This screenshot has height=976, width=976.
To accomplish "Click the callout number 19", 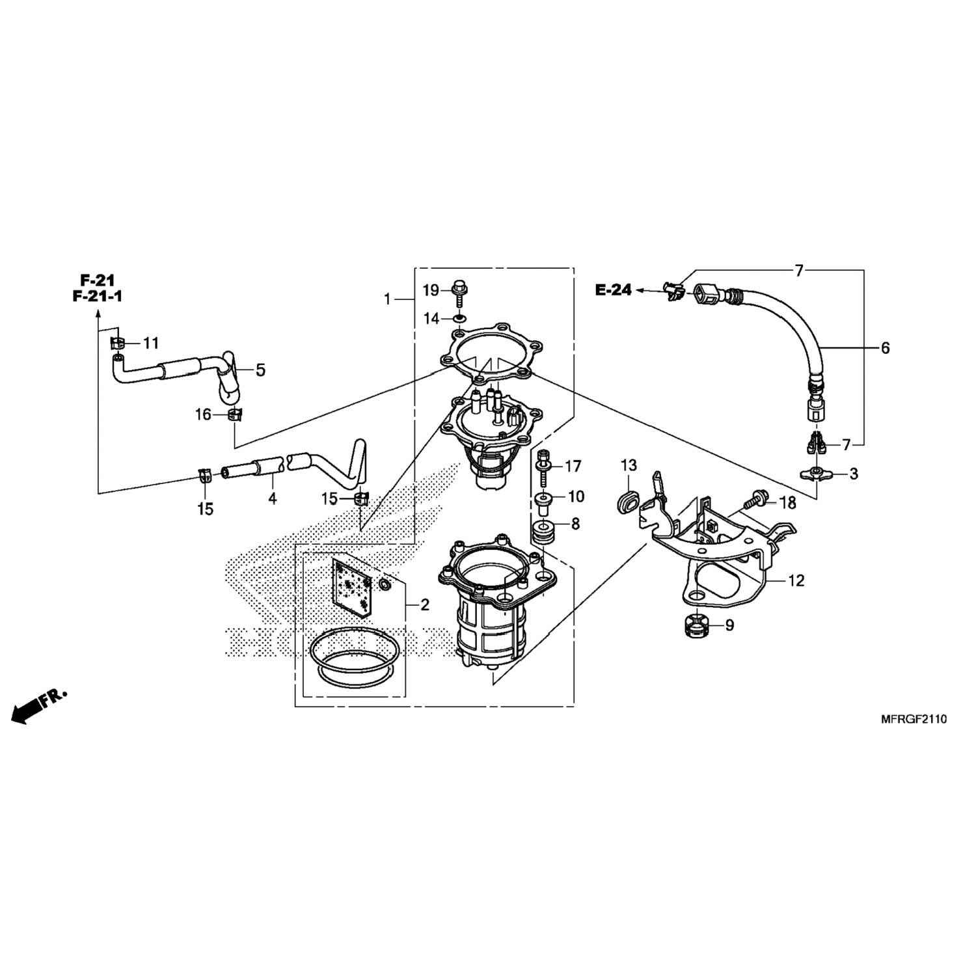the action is (x=431, y=290).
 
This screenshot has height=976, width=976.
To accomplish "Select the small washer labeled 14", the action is (x=460, y=319).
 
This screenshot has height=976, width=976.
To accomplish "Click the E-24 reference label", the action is (x=614, y=290).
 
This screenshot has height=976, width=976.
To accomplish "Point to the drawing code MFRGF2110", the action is (x=913, y=719).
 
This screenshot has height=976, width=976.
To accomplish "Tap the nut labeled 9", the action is (x=696, y=625).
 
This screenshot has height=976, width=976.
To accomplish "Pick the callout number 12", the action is (x=796, y=580).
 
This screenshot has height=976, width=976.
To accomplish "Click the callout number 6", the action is (x=886, y=348).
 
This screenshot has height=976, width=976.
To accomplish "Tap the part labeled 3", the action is (x=817, y=474).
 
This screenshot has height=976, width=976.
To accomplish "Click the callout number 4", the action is (x=273, y=499).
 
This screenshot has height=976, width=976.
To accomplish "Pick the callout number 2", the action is (x=425, y=605).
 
